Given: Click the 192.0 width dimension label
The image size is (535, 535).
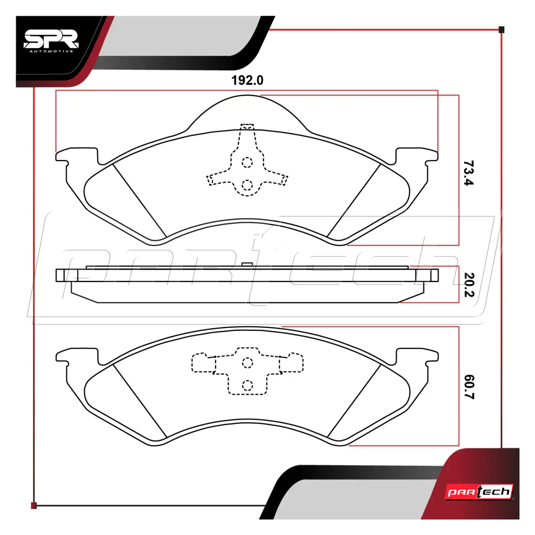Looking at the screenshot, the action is click(247, 81).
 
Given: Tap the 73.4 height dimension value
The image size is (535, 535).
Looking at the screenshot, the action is click(469, 173).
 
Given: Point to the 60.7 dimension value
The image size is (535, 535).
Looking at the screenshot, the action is click(469, 387).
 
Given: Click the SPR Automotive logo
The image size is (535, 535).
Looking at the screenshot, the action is click(51, 41).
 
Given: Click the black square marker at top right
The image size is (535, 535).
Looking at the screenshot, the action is click(502, 30).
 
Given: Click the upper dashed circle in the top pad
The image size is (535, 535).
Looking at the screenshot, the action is click(247, 162).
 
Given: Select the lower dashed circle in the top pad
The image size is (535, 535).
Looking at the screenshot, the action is click(247, 185).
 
